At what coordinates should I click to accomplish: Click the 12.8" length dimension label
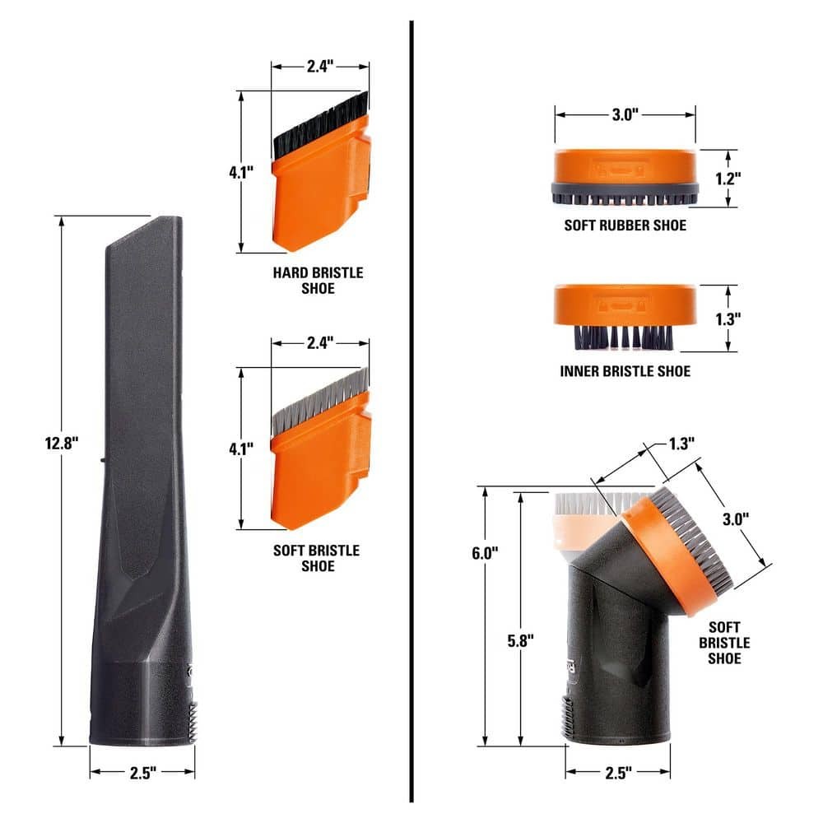(x=62, y=443)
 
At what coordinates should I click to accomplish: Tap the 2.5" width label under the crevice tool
(x=142, y=773)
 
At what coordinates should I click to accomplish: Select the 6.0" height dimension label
(x=486, y=554)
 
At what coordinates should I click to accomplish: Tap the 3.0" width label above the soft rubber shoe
(x=625, y=115)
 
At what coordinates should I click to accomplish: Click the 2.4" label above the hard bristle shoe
(x=320, y=67)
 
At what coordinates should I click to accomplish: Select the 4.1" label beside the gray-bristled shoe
(x=240, y=449)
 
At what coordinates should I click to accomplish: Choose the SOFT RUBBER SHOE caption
(x=625, y=225)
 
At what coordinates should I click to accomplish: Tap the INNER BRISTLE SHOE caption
(x=625, y=371)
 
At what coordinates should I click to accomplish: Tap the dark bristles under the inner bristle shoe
(x=624, y=335)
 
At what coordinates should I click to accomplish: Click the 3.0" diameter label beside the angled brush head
(x=735, y=519)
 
